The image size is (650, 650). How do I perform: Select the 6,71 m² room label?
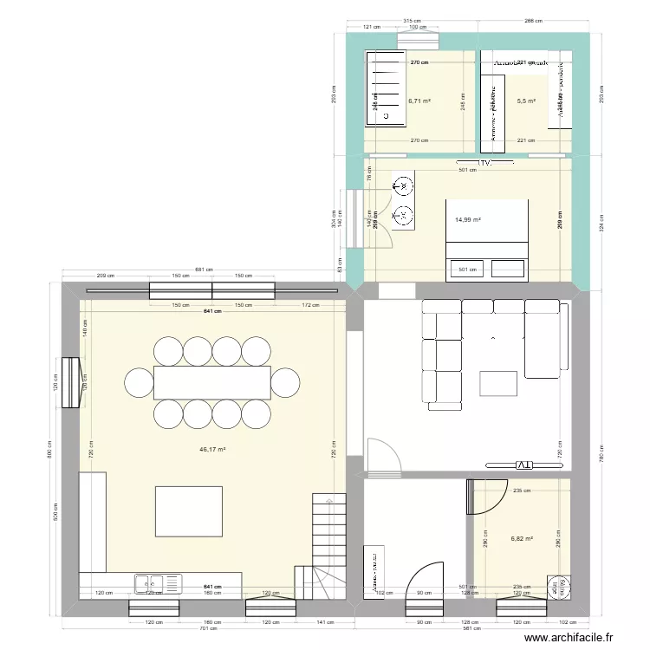click(x=419, y=101)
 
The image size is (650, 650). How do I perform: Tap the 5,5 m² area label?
click(x=526, y=101)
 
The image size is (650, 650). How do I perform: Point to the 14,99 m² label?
click(x=468, y=220)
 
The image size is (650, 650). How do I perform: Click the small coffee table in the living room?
click(x=498, y=383)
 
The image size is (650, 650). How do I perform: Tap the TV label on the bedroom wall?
click(x=482, y=162)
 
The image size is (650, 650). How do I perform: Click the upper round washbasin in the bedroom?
click(x=402, y=185)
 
